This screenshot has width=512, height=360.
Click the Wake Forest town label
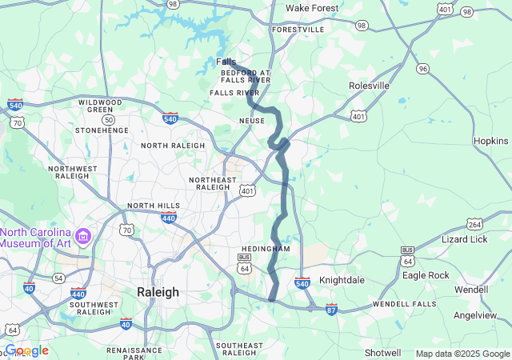pyautogui.click(x=312, y=8)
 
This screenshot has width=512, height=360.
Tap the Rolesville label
pyautogui.click(x=368, y=86)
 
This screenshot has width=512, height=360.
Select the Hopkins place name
pyautogui.click(x=491, y=140)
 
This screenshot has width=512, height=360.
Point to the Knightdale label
pyautogui.click(x=342, y=281)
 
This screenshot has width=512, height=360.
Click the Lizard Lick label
pyautogui.click(x=464, y=239)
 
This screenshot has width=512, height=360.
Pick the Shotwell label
pyautogui.click(x=382, y=353)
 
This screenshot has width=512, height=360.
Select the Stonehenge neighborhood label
pyautogui.click(x=102, y=130)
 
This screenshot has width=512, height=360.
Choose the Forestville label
pyautogui.click(x=298, y=30)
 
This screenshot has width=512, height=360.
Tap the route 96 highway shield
pyautogui.click(x=422, y=70)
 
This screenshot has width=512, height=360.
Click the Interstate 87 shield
pyautogui.click(x=331, y=308)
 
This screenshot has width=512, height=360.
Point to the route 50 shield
pyautogui.click(x=109, y=119)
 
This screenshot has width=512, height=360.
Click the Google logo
pyautogui.click(x=27, y=350)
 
